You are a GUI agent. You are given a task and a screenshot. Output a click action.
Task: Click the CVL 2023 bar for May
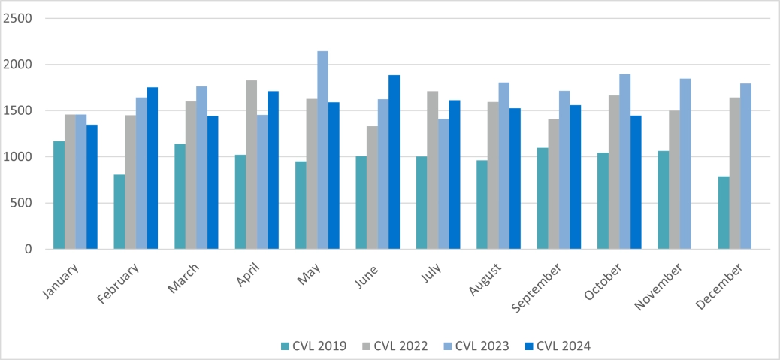[x=322, y=150]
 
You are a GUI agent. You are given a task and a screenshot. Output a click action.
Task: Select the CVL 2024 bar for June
[x=394, y=162]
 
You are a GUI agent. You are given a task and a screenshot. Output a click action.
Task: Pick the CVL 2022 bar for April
[x=251, y=165]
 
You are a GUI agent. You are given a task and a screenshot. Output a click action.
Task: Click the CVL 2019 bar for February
[x=119, y=212]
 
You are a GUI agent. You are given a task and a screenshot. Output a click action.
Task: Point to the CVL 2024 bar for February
[x=153, y=168]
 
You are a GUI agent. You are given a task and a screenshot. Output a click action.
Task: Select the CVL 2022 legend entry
[x=395, y=346]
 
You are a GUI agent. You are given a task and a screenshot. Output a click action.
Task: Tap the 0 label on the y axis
[x=29, y=249]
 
